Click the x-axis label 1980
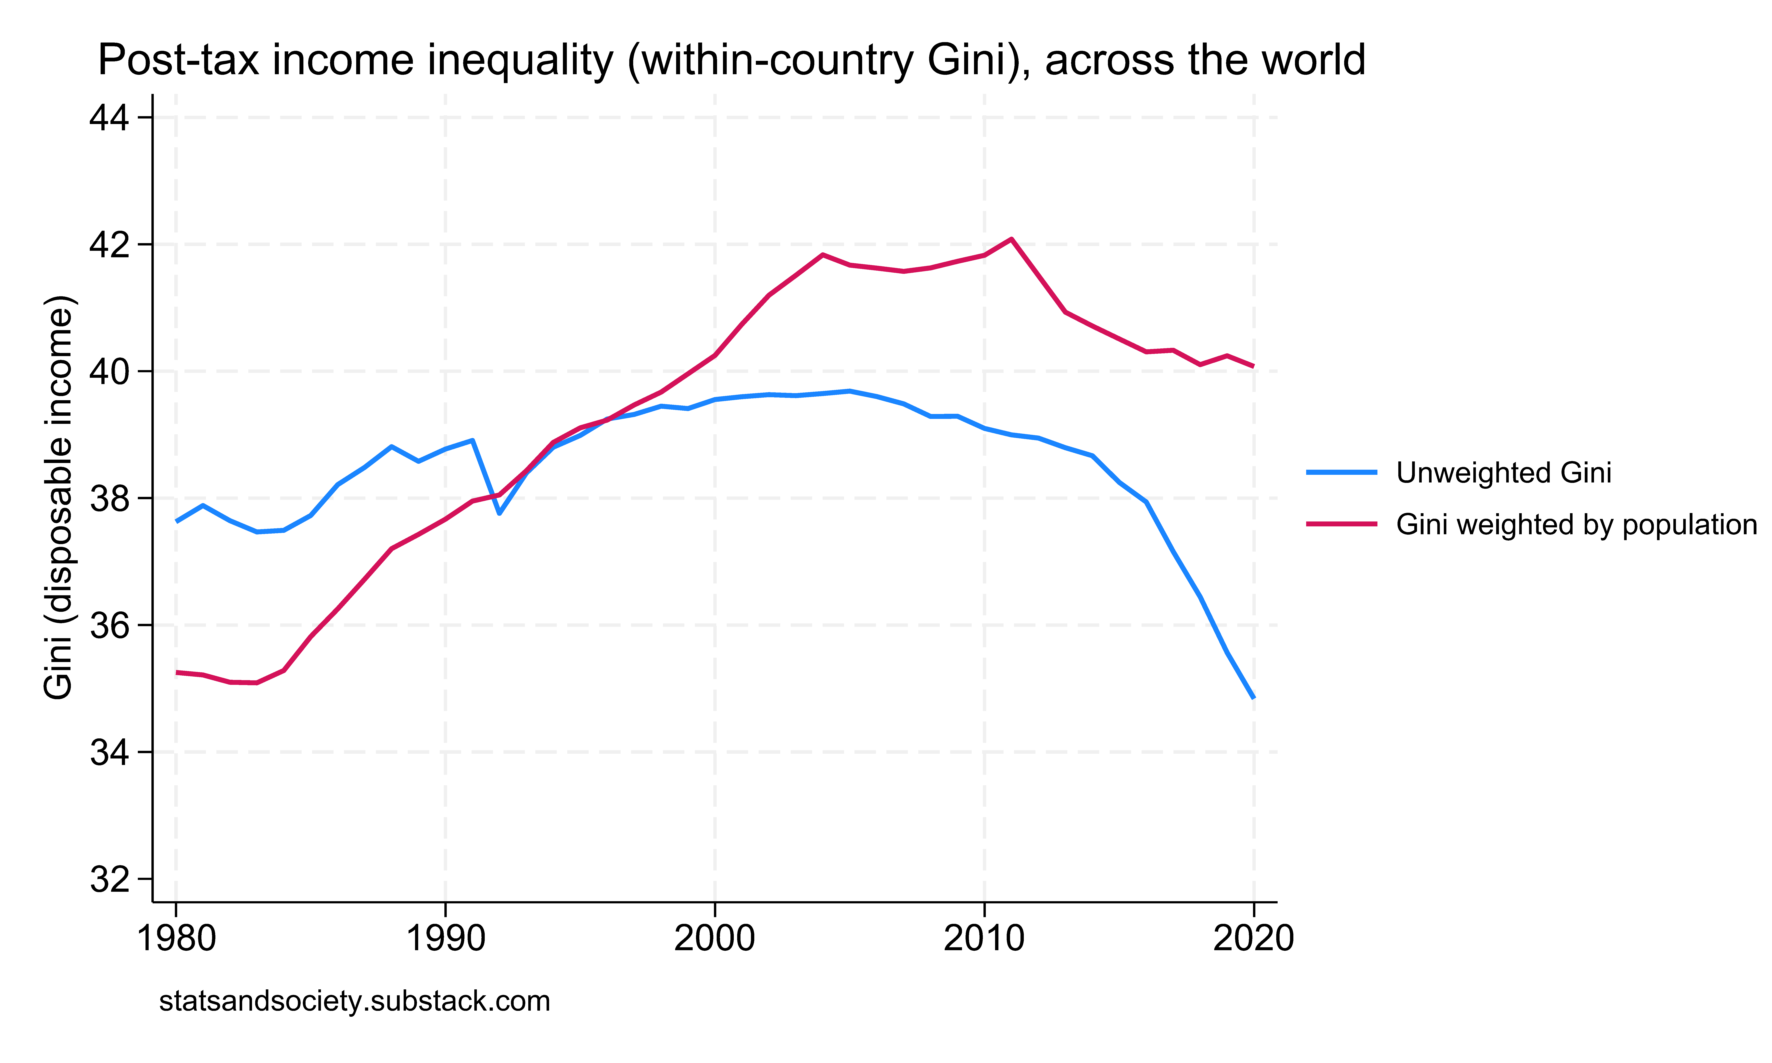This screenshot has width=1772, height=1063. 176,938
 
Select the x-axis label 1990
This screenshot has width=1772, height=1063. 446,938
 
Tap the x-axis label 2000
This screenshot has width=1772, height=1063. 715,938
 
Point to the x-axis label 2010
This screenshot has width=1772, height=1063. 984,938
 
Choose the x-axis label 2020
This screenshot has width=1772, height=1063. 1253,938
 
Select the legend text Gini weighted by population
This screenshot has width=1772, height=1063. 1576,525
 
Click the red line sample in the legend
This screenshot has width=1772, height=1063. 1342,524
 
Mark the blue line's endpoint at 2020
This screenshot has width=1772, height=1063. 1253,697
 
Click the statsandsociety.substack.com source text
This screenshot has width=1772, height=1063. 355,1001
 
